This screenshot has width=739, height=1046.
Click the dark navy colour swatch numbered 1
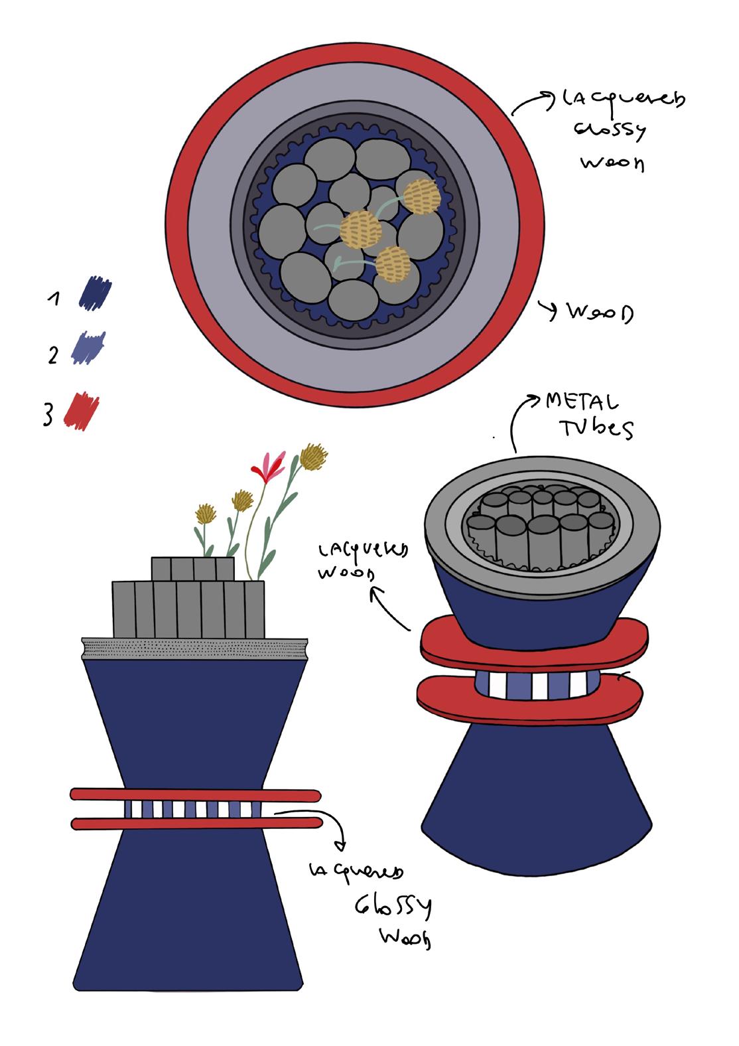coord(95,293)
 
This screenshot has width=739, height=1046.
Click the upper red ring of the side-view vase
coord(196,794)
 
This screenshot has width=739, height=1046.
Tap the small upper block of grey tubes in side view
coord(193,569)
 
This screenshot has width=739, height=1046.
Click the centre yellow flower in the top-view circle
coord(361,228)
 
